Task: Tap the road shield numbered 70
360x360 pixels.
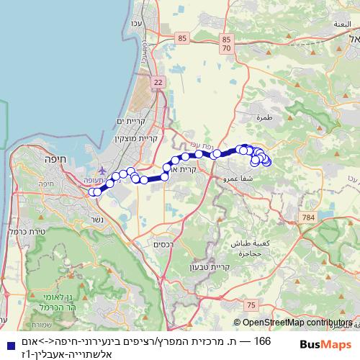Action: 227,48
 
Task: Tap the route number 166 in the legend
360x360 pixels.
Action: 264,341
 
